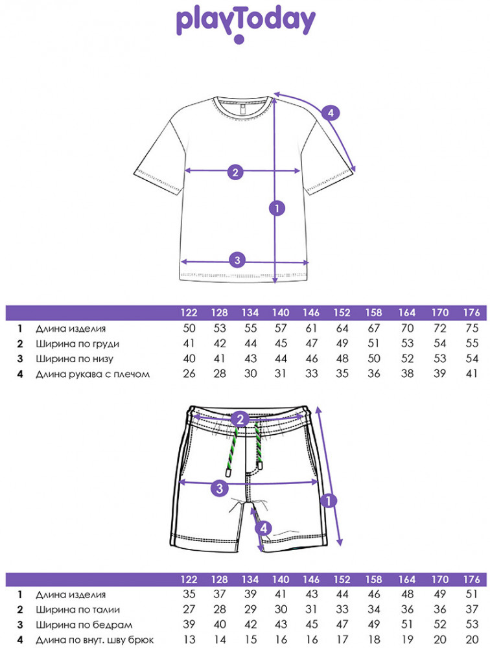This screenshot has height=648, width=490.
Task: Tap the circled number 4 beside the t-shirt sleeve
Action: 330,113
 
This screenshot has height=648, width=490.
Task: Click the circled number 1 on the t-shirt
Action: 277,208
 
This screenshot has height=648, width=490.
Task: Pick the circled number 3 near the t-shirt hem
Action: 237,260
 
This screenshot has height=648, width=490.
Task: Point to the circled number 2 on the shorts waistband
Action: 240,419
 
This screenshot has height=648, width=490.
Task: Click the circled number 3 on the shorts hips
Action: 220,488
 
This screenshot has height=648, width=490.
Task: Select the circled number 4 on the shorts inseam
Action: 263,528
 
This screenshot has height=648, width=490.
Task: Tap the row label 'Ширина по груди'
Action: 78,344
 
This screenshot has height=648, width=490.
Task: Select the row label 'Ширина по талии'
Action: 78,610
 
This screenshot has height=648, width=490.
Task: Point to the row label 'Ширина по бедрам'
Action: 80,625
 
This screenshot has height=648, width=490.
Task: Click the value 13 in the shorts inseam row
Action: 188,640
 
